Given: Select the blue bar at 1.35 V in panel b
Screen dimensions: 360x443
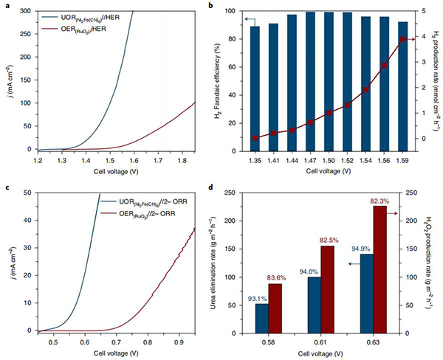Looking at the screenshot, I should pyautogui.click(x=255, y=89).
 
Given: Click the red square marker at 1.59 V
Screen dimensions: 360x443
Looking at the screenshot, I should pyautogui.click(x=402, y=39).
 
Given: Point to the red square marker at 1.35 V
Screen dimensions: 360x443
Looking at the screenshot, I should pyautogui.click(x=255, y=138).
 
